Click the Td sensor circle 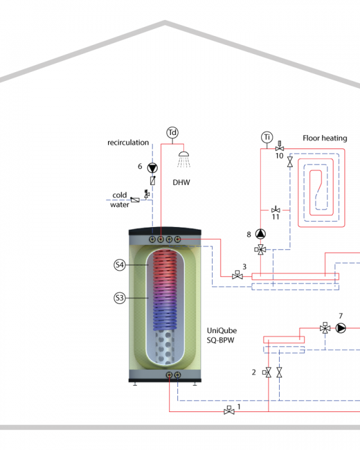pyautogui.click(x=172, y=132)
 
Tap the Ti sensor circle pyautogui.click(x=267, y=137)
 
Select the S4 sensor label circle pyautogui.click(x=120, y=265)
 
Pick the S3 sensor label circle pyautogui.click(x=120, y=298)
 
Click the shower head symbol pyautogui.click(x=184, y=159)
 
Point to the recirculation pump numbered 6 pyautogui.click(x=152, y=168)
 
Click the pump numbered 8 pyautogui.click(x=260, y=234)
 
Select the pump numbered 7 pyautogui.click(x=341, y=328)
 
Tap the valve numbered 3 pyautogui.click(x=237, y=275)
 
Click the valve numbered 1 pyautogui.click(x=229, y=410)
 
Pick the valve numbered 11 pyautogui.click(x=276, y=210)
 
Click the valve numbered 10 pyautogui.click(x=280, y=147)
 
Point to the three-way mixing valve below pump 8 pyautogui.click(x=260, y=249)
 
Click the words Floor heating pyautogui.click(x=325, y=138)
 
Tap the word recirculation pyautogui.click(x=128, y=143)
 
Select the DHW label pyautogui.click(x=181, y=183)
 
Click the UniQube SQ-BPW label pyautogui.click(x=222, y=336)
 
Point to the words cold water pyautogui.click(x=120, y=200)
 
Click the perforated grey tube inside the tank pyautogui.click(x=165, y=348)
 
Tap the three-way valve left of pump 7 pyautogui.click(x=325, y=328)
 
